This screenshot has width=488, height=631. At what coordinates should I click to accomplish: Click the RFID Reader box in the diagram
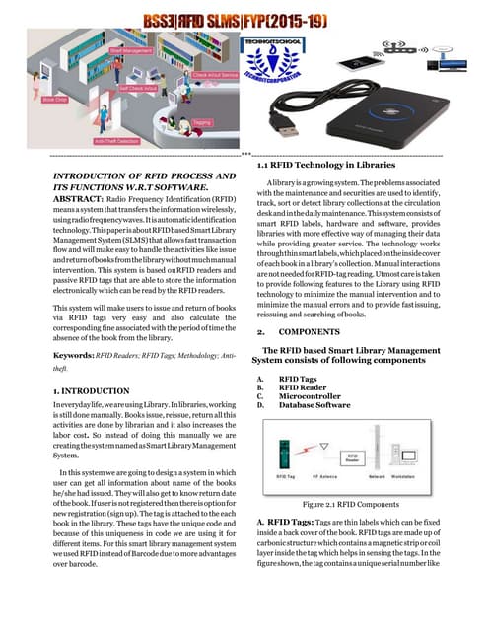(x=353, y=457)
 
